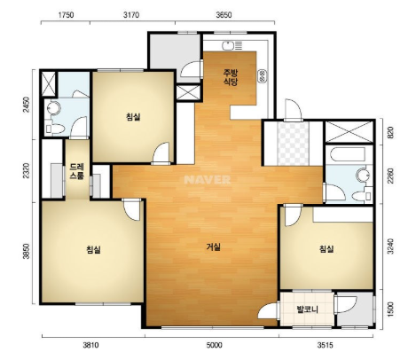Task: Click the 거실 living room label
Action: [214, 247]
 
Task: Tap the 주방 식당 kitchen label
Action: [231, 77]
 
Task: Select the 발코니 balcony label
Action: [308, 309]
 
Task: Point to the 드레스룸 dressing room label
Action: [77, 171]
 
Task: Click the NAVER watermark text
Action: [207, 180]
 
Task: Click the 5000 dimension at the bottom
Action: [215, 345]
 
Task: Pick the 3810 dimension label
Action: [90, 345]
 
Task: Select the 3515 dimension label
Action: [326, 345]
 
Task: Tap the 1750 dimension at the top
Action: [66, 15]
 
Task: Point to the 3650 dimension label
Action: [224, 15]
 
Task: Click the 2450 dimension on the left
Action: [27, 105]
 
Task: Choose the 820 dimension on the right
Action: [390, 132]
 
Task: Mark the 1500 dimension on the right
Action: [390, 309]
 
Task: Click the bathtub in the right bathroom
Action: [348, 154]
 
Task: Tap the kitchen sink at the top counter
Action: [228, 45]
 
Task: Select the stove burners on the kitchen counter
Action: [263, 76]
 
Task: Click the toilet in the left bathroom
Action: [55, 129]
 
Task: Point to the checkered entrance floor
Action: [294, 144]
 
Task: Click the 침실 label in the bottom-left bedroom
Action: [93, 250]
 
